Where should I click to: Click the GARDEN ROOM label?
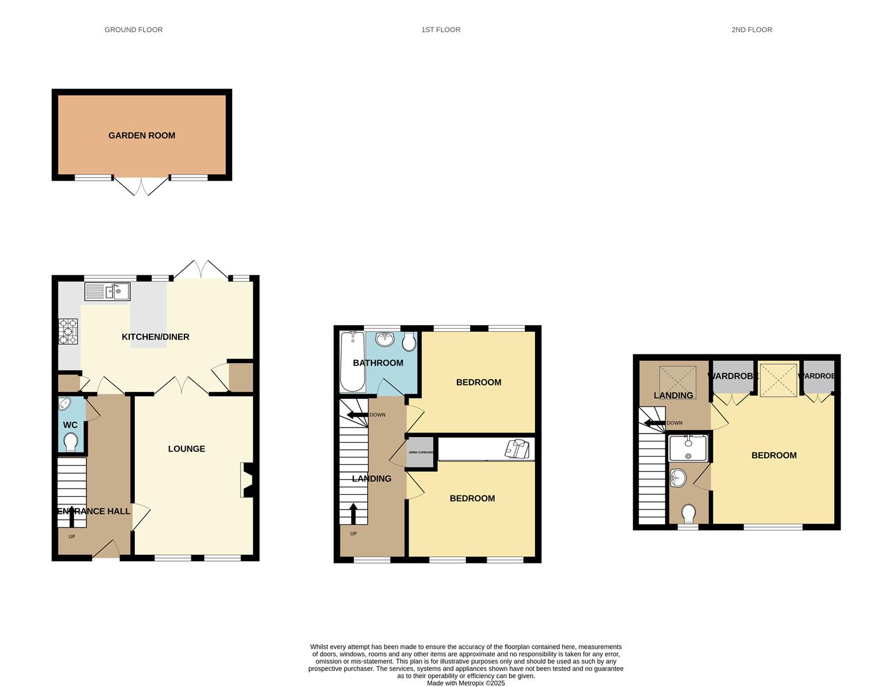tap(141, 135)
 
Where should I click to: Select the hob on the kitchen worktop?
tap(68, 331)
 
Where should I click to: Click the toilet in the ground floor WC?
tap(71, 441)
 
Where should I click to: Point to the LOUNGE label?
tap(186, 449)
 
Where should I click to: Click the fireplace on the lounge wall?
tap(246, 480)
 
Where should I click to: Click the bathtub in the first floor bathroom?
tap(352, 361)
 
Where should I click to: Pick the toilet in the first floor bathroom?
tap(409, 342)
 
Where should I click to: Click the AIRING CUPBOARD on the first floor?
tap(420, 453)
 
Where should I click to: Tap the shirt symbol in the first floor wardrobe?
tap(517, 448)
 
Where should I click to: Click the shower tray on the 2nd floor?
tap(688, 447)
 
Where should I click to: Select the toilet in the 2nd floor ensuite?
tap(688, 512)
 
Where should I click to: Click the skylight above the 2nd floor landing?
tap(677, 379)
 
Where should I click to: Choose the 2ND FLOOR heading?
tap(751, 30)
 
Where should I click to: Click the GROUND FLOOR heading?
tap(134, 30)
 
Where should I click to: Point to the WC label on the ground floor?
tap(70, 425)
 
